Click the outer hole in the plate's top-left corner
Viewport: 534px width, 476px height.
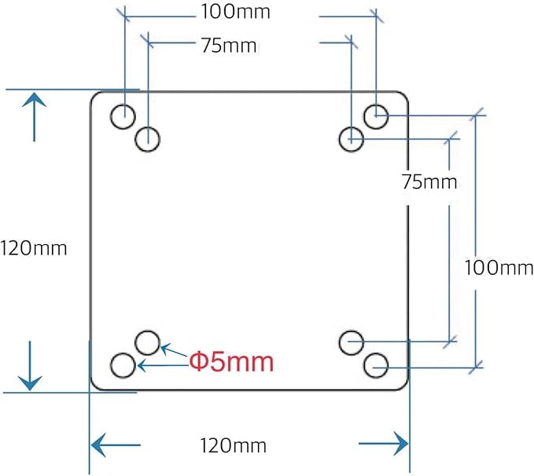coord(123,116)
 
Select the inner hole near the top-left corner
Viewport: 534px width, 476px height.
coord(147,140)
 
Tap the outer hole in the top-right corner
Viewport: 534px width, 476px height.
coord(377,116)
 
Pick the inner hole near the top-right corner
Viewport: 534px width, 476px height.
coord(351,140)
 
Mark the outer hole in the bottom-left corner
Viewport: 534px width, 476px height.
coord(123,364)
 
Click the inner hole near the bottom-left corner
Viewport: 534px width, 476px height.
coord(147,342)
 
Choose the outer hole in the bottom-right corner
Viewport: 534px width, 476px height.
coord(377,364)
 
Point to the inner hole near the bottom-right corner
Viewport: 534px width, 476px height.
coord(351,342)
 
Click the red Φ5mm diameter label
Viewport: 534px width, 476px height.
coord(231,362)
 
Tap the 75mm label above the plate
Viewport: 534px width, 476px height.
coord(230,45)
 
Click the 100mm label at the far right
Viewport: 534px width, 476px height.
coord(499,267)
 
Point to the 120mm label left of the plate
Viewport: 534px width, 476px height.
coord(34,248)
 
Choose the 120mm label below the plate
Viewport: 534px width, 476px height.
coord(233,447)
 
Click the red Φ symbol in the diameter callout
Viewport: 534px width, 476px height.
coord(198,362)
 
